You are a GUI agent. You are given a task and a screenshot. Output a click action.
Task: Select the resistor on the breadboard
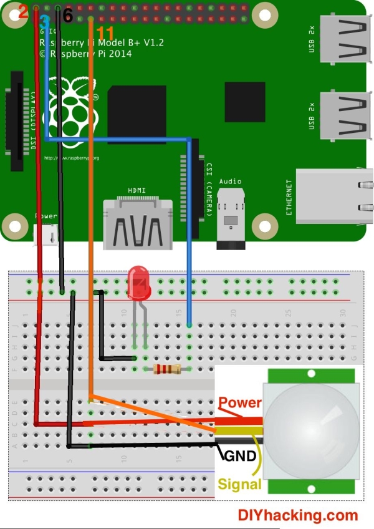167,369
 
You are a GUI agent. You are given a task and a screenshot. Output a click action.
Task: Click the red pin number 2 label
23,11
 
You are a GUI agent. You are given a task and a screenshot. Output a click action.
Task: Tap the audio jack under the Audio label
230,221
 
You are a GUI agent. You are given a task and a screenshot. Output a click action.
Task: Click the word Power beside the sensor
240,403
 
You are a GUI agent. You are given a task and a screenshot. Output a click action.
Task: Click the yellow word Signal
239,484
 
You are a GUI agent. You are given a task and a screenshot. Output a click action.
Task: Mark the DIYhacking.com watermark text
298,515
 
